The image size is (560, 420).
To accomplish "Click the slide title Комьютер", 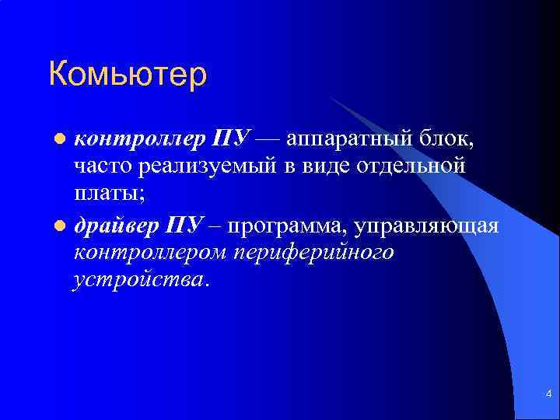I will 128,75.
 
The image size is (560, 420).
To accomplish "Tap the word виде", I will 320,166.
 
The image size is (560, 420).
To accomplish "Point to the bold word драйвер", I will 116,226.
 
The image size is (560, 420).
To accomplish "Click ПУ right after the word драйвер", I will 184,226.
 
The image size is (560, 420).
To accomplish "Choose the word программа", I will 287,227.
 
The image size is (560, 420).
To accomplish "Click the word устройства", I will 141,278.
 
